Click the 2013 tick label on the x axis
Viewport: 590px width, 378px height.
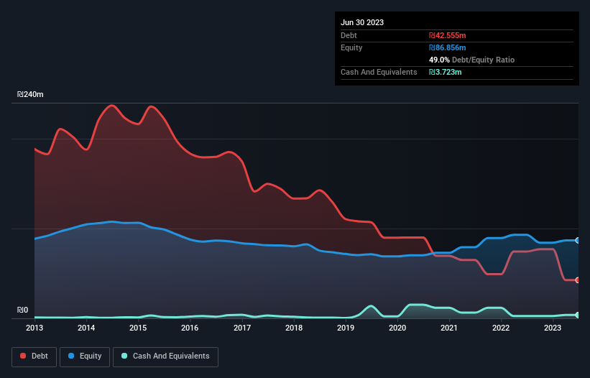(34, 328)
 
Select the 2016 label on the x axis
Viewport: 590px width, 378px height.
(190, 328)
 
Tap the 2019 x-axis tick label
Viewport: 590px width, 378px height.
(346, 328)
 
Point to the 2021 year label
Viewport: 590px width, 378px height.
(449, 328)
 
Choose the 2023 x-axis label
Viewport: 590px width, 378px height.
(553, 328)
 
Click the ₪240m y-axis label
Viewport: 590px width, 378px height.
(30, 95)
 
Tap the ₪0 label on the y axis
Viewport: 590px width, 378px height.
(23, 310)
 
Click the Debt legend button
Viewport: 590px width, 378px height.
(36, 356)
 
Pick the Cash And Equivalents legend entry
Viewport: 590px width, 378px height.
(165, 356)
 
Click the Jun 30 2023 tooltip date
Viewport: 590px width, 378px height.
(362, 22)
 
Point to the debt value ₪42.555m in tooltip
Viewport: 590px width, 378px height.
(448, 35)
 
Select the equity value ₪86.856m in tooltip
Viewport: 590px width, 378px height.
(448, 47)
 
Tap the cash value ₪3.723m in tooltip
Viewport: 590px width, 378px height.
(445, 72)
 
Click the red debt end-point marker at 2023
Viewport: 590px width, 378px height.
(578, 280)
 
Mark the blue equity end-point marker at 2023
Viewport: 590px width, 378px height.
(578, 241)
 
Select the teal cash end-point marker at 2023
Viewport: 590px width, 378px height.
(578, 315)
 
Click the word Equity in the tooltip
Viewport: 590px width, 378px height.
(351, 47)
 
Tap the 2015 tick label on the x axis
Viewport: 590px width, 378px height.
(138, 328)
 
